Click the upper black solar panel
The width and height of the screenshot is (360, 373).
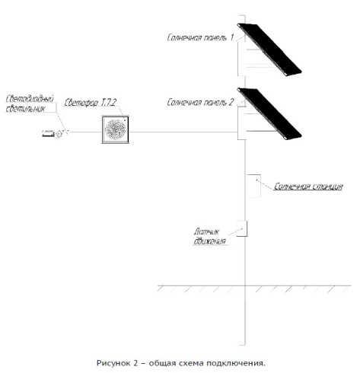269,49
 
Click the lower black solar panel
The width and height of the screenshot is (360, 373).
269,113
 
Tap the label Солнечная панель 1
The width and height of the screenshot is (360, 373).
200,37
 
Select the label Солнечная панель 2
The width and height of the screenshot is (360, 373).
200,102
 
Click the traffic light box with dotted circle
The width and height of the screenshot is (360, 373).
116,129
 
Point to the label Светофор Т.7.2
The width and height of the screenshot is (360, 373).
91,103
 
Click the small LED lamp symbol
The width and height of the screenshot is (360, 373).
52,133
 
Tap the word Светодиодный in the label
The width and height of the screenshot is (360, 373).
30,99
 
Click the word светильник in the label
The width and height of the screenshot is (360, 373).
25,109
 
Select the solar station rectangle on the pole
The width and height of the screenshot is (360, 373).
254,186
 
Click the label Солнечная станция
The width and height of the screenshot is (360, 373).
308,186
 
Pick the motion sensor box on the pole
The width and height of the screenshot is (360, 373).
242,228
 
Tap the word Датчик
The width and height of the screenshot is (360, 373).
207,231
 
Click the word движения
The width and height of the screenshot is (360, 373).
210,241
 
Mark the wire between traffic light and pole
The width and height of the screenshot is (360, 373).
183,132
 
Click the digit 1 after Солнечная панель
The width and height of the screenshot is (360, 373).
231,37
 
